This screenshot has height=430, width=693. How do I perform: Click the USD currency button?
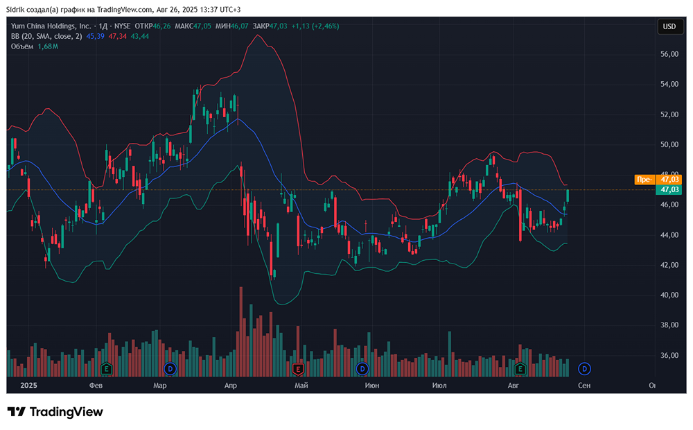[x=669, y=26]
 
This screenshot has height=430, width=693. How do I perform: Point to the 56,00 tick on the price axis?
[x=669, y=54]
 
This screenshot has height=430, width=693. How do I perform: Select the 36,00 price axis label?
[x=669, y=355]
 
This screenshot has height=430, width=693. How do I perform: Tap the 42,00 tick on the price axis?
[x=669, y=265]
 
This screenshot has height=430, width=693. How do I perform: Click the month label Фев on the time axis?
[x=96, y=385]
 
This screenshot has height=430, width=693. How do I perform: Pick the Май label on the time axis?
[x=301, y=385]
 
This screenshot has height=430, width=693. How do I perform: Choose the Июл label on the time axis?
[x=439, y=385]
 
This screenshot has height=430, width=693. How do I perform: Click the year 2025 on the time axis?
[x=28, y=385]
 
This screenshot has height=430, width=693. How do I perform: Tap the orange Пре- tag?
[x=644, y=180]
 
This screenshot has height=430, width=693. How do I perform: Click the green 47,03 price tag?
[x=669, y=189]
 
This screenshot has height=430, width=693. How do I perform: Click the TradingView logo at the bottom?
[x=55, y=412]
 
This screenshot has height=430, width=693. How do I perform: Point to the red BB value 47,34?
[x=118, y=35]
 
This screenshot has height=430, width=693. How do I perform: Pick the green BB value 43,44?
[x=139, y=35]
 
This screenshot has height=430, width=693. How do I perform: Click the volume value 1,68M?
[x=48, y=46]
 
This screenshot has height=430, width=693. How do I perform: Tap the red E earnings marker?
[x=298, y=368]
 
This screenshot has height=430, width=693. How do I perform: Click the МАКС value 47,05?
[x=202, y=26]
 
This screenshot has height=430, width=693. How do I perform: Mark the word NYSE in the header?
[x=123, y=26]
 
